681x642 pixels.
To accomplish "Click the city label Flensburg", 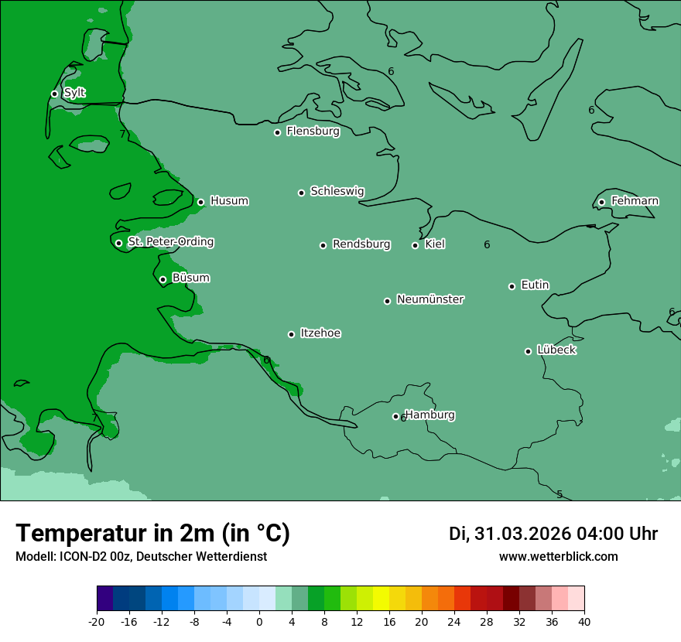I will coord(313,131).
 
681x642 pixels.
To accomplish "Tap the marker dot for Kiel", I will coord(415,245).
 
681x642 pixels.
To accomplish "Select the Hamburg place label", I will coord(430,415).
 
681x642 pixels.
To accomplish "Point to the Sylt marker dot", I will coord(54,94).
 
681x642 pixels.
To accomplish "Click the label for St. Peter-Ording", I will coord(170,242).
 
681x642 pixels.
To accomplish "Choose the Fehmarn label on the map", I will coord(635,201).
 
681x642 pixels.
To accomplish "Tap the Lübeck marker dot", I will coord(528,351).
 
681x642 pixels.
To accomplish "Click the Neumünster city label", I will coord(430,299).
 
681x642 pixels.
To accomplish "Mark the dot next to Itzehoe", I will coord(291,334).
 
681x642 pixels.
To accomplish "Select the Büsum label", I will coord(190,278).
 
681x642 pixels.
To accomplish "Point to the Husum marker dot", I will coord(200,202).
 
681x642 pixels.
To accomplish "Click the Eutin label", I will coord(535,285).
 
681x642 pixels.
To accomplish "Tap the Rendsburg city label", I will coord(361,244).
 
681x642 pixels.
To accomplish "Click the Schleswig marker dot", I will coord(301,193).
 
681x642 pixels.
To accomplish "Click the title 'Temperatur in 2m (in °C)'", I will coord(152,533).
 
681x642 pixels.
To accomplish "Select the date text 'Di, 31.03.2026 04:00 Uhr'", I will coord(553,534).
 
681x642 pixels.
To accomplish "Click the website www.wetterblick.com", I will coord(558,556).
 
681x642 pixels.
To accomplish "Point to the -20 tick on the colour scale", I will coord(97,621).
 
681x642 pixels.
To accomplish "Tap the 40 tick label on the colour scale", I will coord(584,621).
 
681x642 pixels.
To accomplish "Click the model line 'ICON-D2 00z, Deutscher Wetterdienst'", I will coord(141,556).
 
